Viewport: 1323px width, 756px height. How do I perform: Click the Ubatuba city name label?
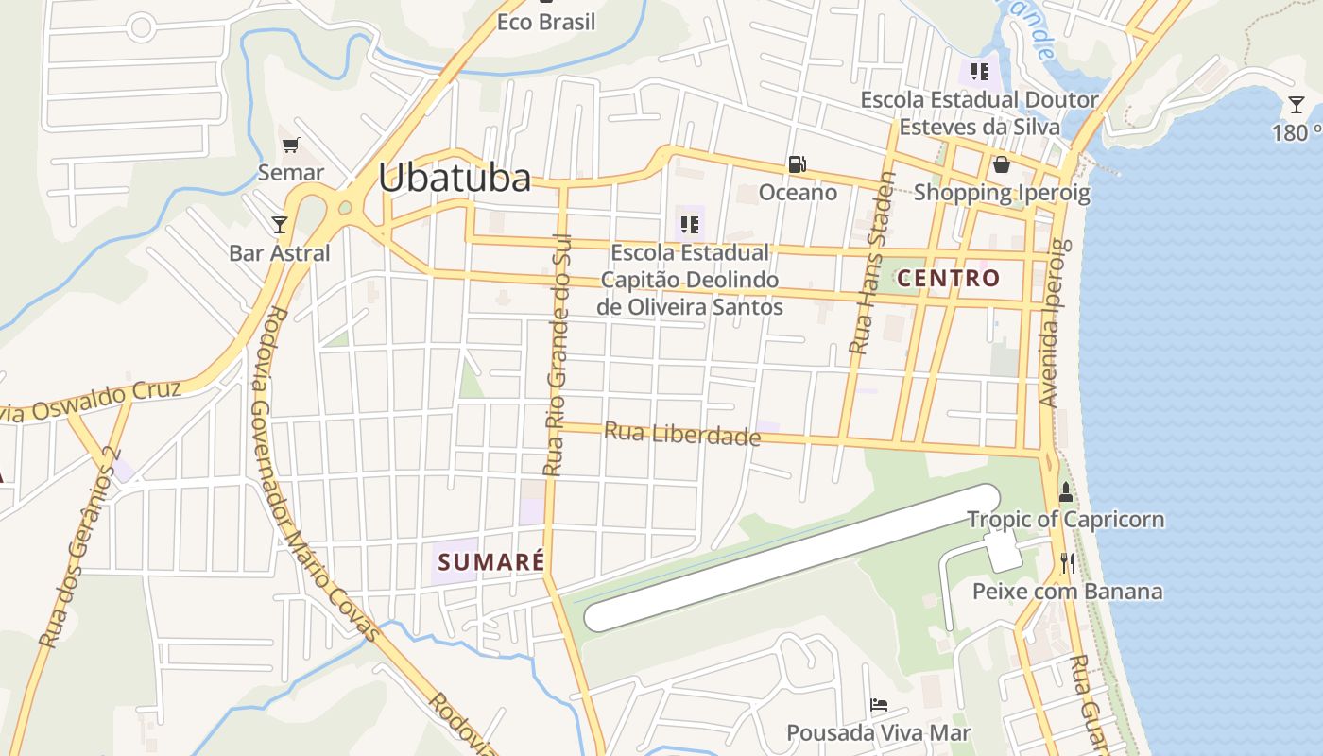(455, 178)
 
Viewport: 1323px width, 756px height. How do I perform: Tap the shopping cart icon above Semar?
(291, 146)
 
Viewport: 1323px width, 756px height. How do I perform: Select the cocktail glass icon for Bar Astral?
(280, 224)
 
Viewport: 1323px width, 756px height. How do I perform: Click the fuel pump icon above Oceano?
(798, 164)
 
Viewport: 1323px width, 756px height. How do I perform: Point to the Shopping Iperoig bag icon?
(1002, 165)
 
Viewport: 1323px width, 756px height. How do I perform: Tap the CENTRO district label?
(948, 278)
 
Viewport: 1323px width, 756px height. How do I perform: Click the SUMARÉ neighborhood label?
(491, 561)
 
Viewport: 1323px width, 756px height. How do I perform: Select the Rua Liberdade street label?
(681, 434)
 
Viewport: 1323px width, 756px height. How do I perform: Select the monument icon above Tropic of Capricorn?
(1066, 491)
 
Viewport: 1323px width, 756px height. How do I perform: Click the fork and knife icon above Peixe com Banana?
(1068, 563)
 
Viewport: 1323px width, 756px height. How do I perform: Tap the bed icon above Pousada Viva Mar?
(879, 704)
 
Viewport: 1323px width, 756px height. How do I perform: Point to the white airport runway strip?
(792, 558)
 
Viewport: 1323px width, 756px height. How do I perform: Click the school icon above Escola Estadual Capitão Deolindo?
(689, 225)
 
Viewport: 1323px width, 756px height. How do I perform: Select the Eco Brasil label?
(546, 22)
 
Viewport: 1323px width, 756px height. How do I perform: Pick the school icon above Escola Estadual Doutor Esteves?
(979, 71)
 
